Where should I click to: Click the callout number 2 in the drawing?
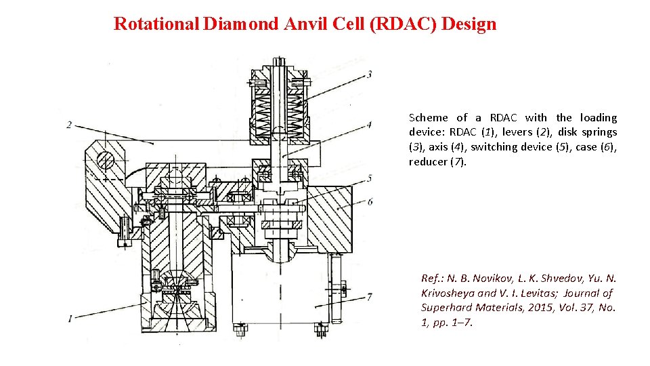[70, 125]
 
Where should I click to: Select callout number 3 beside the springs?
[369, 74]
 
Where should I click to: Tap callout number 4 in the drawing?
[369, 125]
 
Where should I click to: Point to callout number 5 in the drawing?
[369, 178]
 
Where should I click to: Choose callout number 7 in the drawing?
[369, 296]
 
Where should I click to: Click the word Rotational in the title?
[155, 24]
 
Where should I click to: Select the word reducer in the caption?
[427, 162]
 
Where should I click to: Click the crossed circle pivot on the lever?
[106, 160]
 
